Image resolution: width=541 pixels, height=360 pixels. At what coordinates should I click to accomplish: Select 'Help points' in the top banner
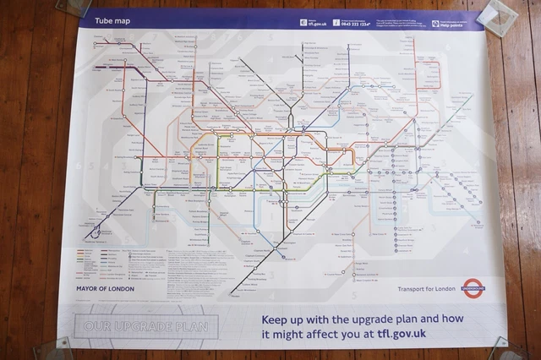(451, 24)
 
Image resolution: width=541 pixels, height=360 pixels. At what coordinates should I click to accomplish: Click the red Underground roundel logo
(474, 289)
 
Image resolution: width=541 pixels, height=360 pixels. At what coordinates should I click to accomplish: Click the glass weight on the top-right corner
(498, 15)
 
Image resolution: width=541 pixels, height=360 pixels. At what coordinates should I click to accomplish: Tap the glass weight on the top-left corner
(74, 7)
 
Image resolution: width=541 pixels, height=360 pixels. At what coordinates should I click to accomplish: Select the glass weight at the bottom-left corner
(60, 347)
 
